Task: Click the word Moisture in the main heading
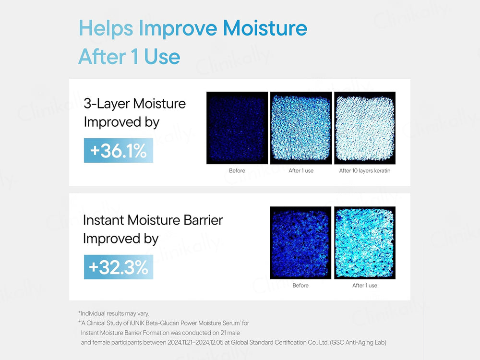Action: tap(265, 29)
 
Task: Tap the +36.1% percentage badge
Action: tap(118, 151)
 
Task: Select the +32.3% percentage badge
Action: tap(119, 267)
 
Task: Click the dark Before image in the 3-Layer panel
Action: tap(237, 128)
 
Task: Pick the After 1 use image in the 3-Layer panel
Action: tap(301, 128)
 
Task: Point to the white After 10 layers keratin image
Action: tap(365, 128)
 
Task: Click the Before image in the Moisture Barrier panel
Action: tap(300, 242)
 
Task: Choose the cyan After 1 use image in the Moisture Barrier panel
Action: tap(365, 242)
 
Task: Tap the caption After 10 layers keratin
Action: tap(365, 171)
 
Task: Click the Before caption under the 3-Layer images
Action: tap(237, 171)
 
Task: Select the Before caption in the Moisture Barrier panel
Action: tap(300, 286)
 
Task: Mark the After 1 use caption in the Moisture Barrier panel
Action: tap(365, 286)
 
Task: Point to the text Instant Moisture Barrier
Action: tap(153, 220)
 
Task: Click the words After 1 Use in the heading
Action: tap(129, 57)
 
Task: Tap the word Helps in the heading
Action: tap(106, 29)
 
